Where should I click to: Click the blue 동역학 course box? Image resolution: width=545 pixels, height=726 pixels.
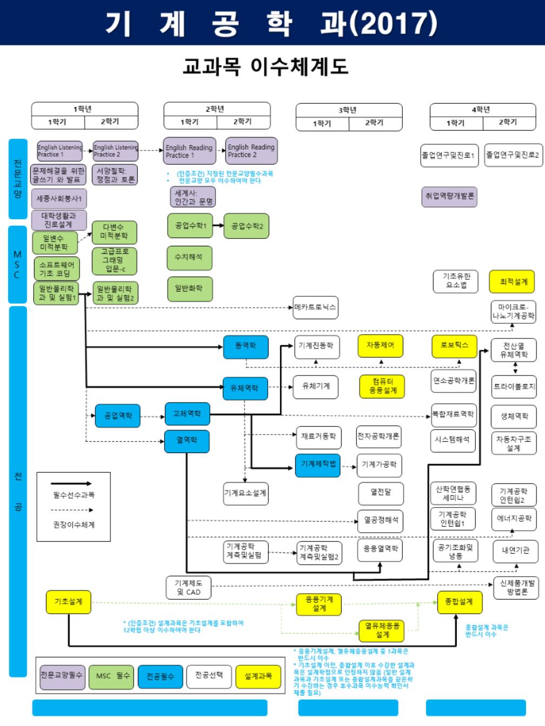pos(245,346)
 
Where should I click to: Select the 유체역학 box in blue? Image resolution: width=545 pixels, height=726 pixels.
pos(245,388)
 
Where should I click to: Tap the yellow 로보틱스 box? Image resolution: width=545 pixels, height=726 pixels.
pos(454,346)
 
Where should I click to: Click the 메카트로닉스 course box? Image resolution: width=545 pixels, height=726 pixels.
pos(315,307)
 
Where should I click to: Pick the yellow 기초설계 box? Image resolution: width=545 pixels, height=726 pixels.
pos(68,602)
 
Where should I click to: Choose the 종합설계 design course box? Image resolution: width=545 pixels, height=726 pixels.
pos(458,602)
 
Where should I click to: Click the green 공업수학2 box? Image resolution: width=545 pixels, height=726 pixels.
pos(247,226)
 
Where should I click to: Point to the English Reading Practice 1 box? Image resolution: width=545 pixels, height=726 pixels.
pos(189,151)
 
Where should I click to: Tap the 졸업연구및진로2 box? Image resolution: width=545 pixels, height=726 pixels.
pos(512,155)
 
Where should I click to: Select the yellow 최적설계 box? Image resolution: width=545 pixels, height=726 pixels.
pos(513,282)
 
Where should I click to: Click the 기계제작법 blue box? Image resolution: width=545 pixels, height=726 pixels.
pos(318,464)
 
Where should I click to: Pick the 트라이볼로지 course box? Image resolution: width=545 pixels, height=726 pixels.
pos(514,387)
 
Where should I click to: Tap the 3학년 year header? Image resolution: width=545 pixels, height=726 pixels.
pos(348,110)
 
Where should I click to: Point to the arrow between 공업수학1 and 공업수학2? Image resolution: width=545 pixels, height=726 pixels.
pos(218,225)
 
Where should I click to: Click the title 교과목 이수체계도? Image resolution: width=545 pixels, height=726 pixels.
pos(265,66)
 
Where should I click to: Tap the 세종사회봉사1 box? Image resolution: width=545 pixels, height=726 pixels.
pos(58,199)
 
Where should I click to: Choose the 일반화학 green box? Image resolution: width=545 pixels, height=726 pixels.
pos(189,288)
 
